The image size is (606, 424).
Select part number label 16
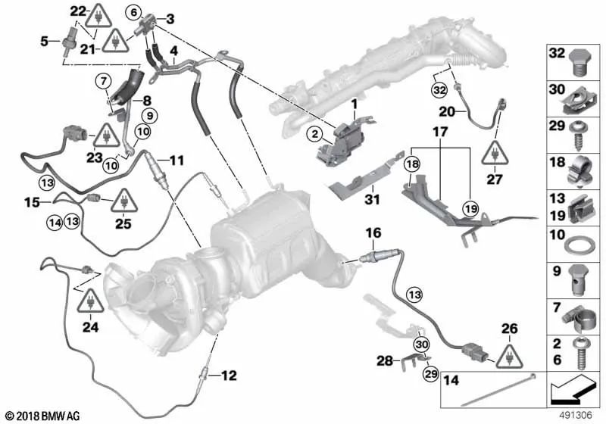click(x=373, y=232)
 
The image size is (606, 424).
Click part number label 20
click(x=447, y=111)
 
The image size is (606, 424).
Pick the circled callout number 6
click(x=133, y=12)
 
